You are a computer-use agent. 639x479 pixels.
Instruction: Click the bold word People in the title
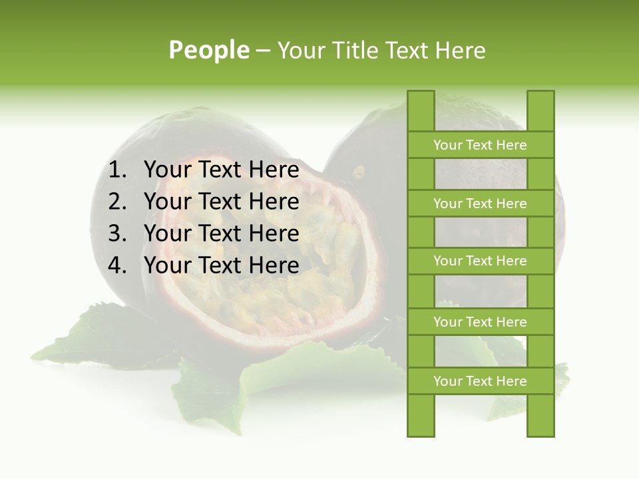[209, 50]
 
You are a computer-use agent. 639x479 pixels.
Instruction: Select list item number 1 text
[221, 170]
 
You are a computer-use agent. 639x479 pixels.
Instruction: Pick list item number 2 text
[221, 202]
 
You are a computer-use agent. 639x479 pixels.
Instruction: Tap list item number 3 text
[221, 234]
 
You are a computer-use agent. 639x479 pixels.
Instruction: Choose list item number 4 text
[221, 265]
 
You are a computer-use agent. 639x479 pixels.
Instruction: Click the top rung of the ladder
[480, 145]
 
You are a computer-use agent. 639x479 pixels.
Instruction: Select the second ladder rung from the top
[480, 204]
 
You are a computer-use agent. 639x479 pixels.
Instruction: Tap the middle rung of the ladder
[480, 261]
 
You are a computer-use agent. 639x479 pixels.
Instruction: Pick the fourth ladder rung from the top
[480, 322]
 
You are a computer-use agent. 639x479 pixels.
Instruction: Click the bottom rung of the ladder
[480, 381]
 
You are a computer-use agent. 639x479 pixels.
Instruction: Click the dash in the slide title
[263, 51]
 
